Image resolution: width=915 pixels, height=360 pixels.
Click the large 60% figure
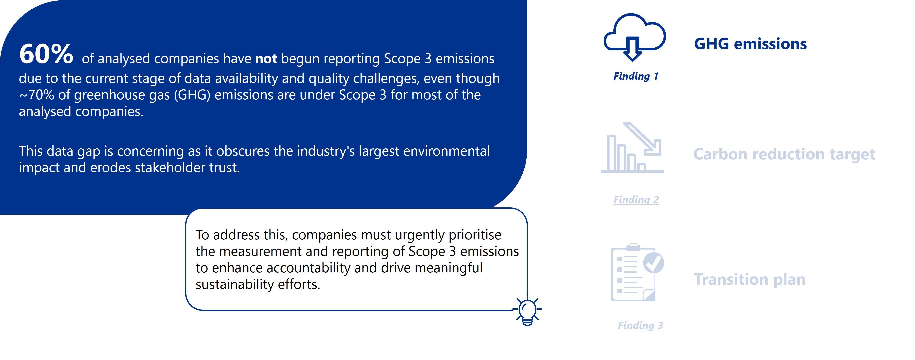[x=46, y=54]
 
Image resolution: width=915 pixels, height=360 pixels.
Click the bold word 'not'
[x=266, y=59]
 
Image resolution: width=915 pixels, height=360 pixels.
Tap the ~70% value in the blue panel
[x=36, y=95]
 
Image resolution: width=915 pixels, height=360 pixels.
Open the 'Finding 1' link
[x=636, y=76]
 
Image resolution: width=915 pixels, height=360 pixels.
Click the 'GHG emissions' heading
[x=750, y=44]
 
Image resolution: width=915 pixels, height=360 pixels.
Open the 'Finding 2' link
[x=636, y=200]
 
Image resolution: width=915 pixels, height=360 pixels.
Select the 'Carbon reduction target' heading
[x=784, y=155]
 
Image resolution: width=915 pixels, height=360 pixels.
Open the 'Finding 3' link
[x=640, y=325]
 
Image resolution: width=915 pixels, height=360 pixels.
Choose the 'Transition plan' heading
[x=749, y=280]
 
